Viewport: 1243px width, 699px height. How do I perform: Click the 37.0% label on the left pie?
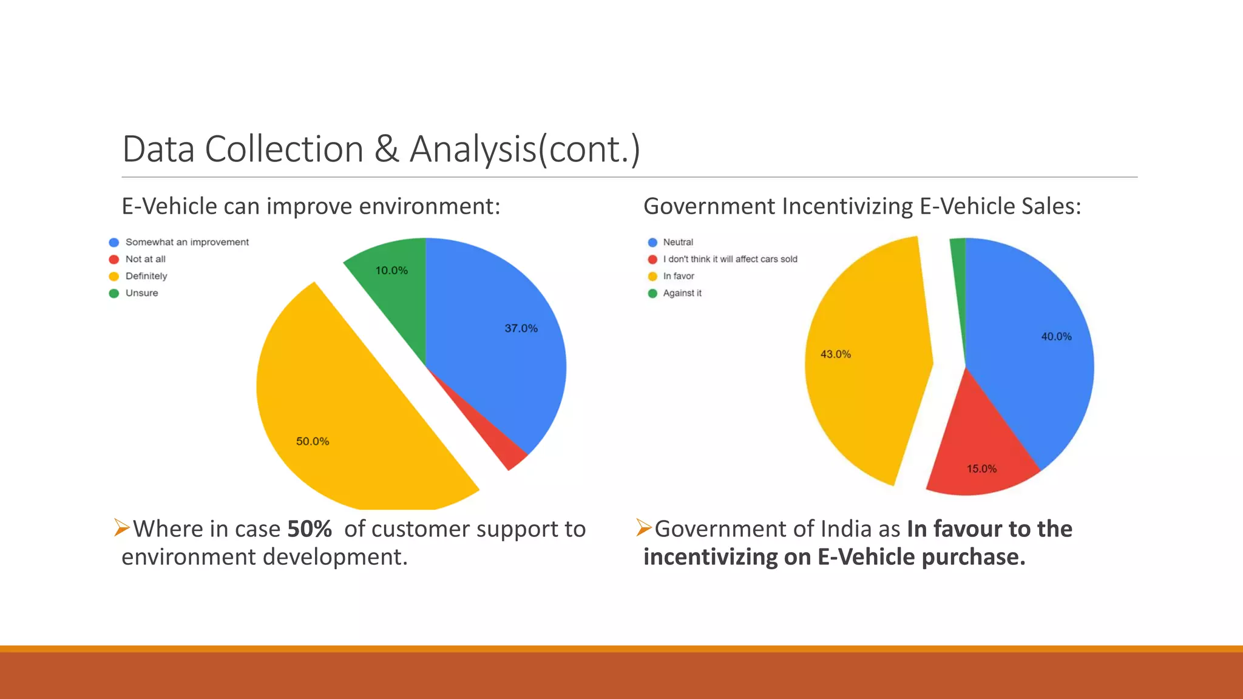521,328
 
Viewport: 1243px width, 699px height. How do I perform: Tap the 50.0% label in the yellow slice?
312,441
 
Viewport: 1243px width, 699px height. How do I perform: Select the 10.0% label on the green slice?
391,270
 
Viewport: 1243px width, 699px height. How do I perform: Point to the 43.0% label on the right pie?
835,354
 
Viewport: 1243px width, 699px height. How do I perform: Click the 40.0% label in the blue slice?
1056,336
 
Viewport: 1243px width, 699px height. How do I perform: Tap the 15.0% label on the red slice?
981,468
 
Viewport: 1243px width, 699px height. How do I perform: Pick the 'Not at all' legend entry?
145,259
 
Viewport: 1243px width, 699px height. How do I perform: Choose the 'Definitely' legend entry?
146,276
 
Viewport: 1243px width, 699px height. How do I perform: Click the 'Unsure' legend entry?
141,293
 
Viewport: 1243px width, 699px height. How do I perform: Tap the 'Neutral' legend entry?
677,242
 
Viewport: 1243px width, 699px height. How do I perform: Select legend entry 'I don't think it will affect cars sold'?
730,259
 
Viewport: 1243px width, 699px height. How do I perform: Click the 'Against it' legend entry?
682,293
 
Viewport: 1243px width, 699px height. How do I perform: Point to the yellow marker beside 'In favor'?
652,276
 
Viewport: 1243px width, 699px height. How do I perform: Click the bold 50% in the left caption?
309,529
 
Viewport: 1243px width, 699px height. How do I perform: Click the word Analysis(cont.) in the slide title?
524,149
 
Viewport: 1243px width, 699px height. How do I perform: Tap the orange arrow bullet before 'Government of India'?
644,527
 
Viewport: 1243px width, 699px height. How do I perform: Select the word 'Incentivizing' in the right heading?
847,206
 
